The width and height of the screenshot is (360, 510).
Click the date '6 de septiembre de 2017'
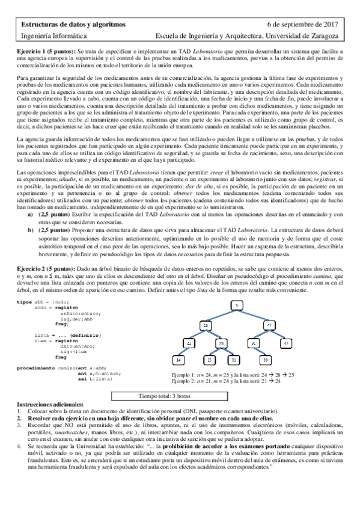(x=304, y=24)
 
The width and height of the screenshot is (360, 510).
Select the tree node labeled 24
(x=206, y=325)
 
